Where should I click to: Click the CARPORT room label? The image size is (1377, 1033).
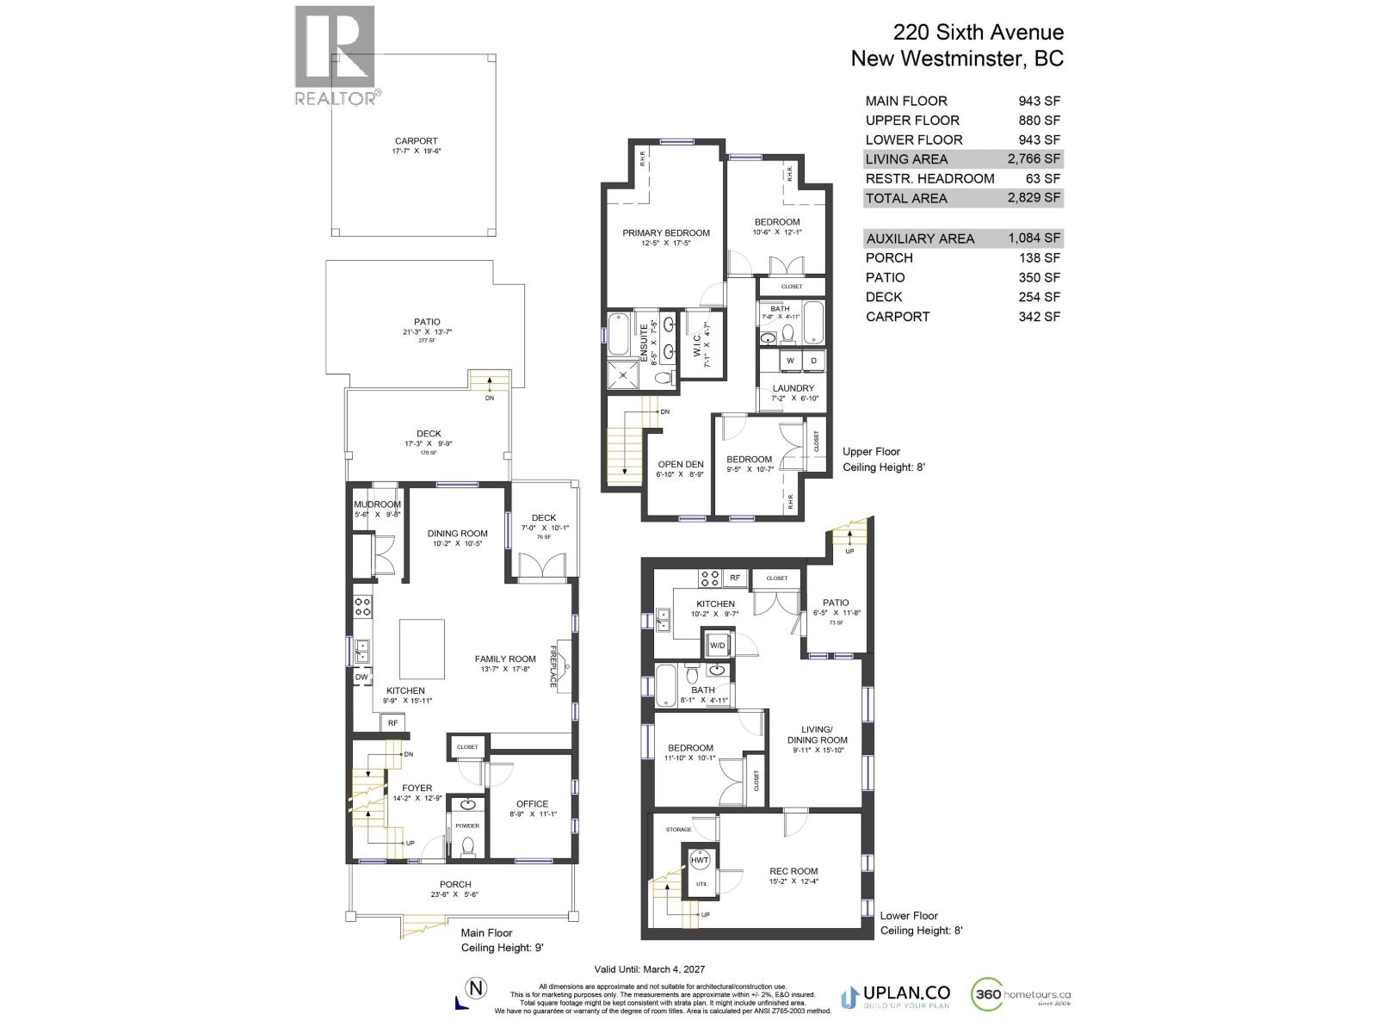coord(416,141)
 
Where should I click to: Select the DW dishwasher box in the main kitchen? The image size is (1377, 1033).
coord(361,677)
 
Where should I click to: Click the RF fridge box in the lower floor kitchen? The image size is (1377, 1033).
coord(734,578)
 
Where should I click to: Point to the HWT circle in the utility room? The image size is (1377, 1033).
coord(700,860)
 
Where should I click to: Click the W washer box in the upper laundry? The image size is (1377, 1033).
coord(789,360)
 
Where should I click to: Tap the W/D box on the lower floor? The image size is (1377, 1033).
coord(716,645)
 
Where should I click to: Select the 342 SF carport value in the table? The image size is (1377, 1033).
coord(1039,316)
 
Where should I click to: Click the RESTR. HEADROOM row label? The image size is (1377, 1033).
coord(929,178)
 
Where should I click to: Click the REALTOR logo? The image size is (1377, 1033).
coord(335,57)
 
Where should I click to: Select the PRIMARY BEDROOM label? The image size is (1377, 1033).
coord(666,232)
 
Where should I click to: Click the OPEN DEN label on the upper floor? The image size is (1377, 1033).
coord(680,465)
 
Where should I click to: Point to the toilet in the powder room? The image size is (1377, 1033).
coord(468,847)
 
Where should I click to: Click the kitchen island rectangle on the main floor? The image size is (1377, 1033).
coord(422,649)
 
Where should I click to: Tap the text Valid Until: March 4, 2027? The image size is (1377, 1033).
coord(650,969)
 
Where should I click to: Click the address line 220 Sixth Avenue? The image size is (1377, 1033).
coord(978,33)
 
